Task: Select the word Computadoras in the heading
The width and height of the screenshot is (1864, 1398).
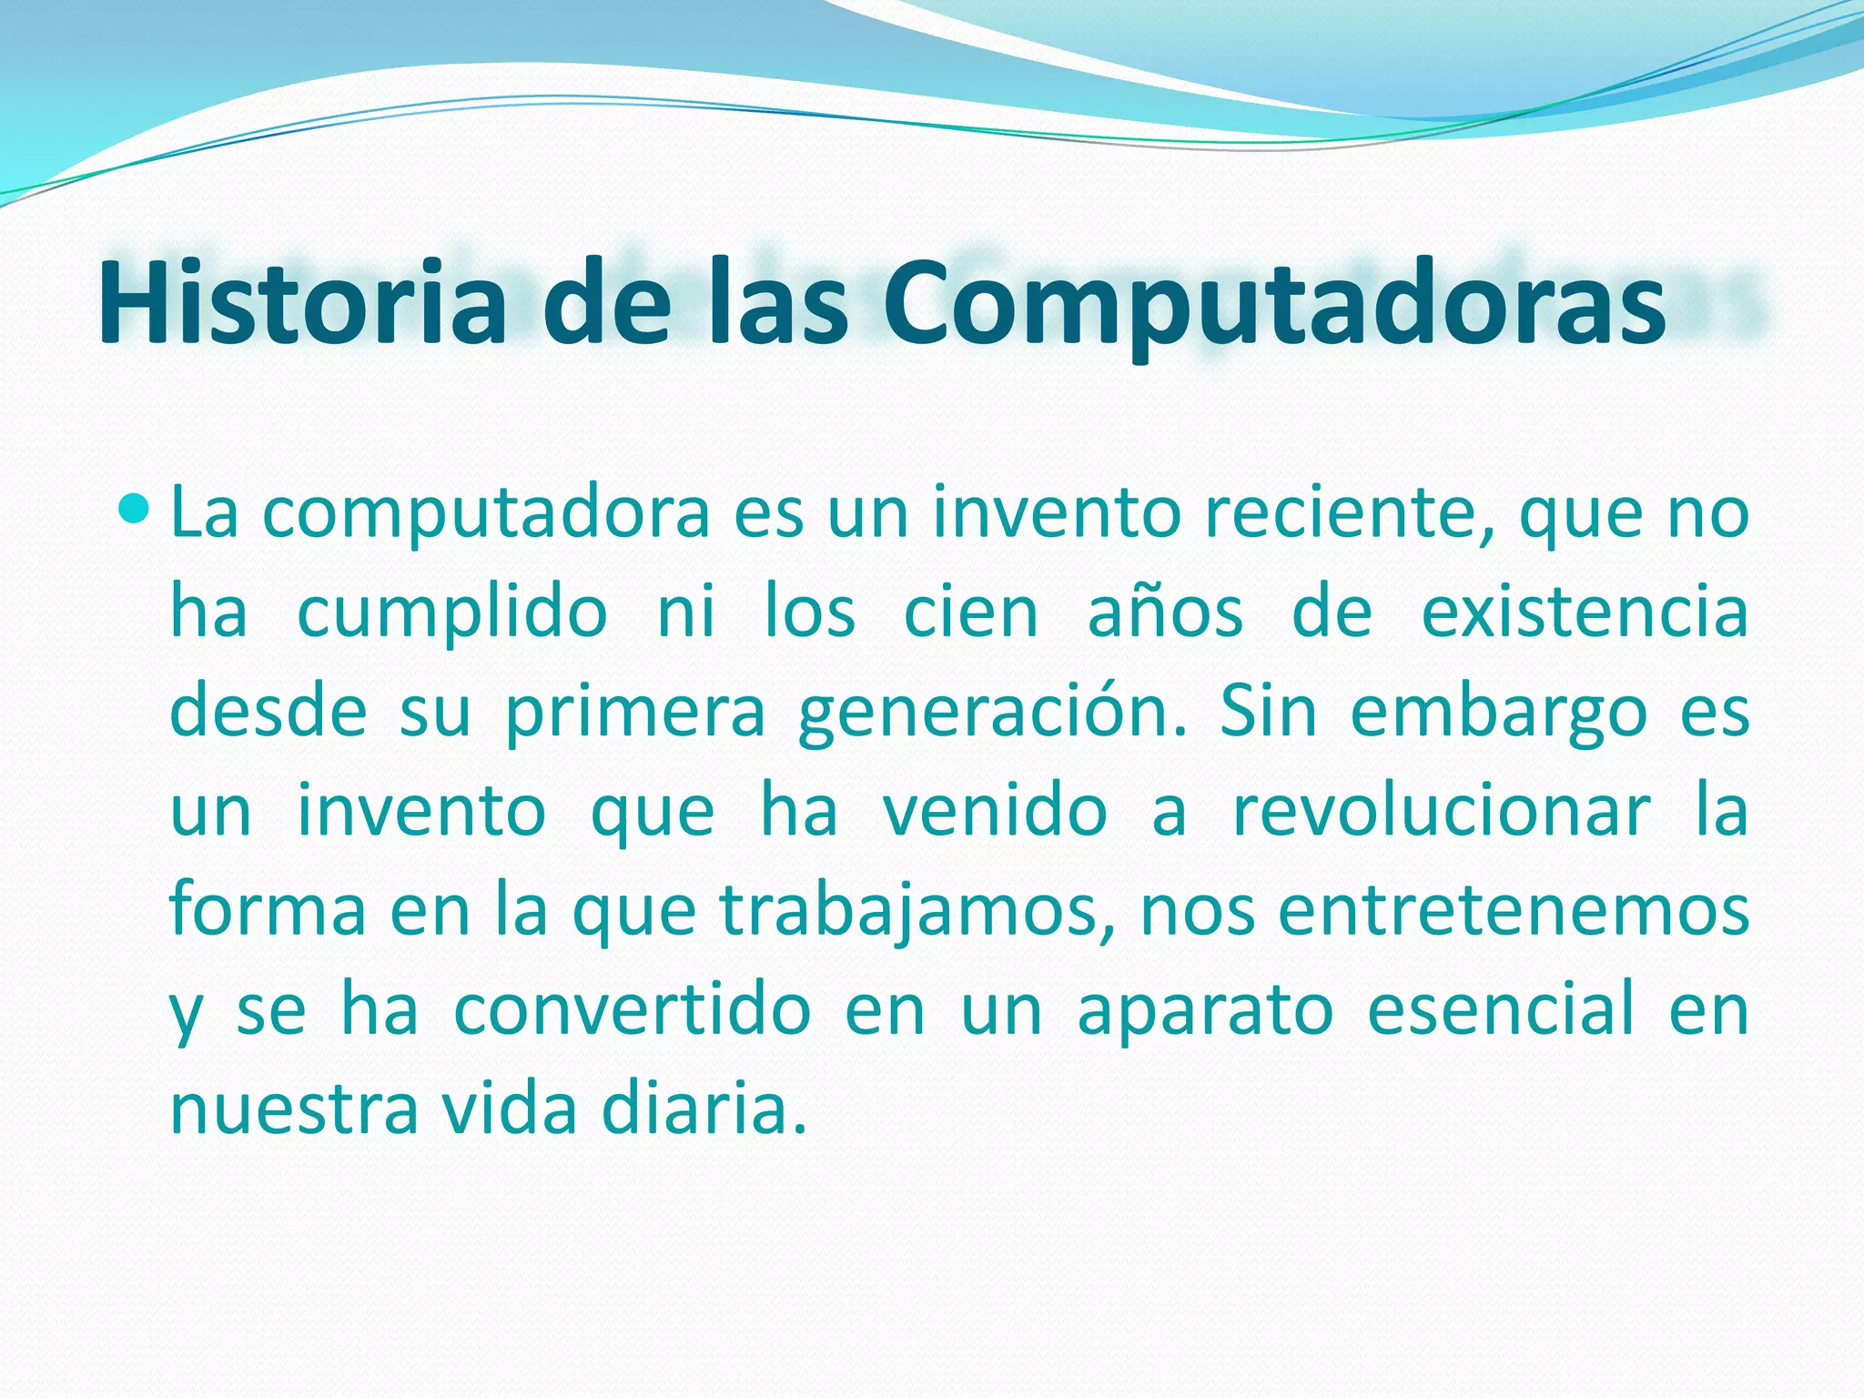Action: pos(1273,306)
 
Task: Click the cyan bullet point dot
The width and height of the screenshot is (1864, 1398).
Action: pos(133,512)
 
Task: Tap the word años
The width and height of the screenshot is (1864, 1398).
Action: pos(1166,613)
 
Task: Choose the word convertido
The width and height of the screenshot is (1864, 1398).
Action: pos(633,1010)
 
